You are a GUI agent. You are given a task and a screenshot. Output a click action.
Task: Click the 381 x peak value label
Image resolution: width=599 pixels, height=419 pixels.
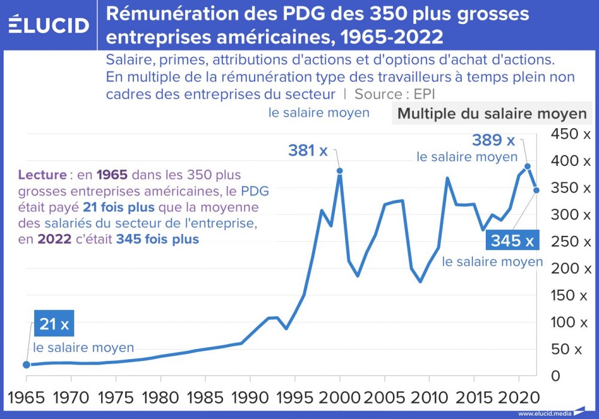pos(307,151)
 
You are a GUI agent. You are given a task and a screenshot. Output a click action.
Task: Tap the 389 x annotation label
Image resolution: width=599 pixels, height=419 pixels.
pos(493,141)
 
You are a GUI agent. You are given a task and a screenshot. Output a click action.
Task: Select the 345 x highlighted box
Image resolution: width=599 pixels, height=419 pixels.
pos(512,241)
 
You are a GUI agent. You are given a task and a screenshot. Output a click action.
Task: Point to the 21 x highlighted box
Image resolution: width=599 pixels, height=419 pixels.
pos(55,324)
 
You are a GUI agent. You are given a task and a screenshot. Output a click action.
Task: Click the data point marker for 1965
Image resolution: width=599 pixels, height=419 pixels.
pos(26,365)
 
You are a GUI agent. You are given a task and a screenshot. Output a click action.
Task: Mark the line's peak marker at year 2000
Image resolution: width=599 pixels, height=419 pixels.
pos(340,171)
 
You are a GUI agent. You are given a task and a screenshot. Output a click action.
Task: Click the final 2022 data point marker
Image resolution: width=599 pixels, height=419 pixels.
pos(537,190)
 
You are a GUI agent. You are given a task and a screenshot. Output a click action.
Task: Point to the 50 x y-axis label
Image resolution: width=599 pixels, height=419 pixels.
pos(571,349)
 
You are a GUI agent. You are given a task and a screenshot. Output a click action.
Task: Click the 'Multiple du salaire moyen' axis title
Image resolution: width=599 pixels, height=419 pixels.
pos(492,114)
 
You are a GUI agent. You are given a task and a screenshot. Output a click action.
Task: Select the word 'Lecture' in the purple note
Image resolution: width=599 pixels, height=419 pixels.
pos(42,175)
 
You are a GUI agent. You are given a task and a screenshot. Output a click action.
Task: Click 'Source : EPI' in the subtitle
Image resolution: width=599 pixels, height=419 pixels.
pos(395,94)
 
